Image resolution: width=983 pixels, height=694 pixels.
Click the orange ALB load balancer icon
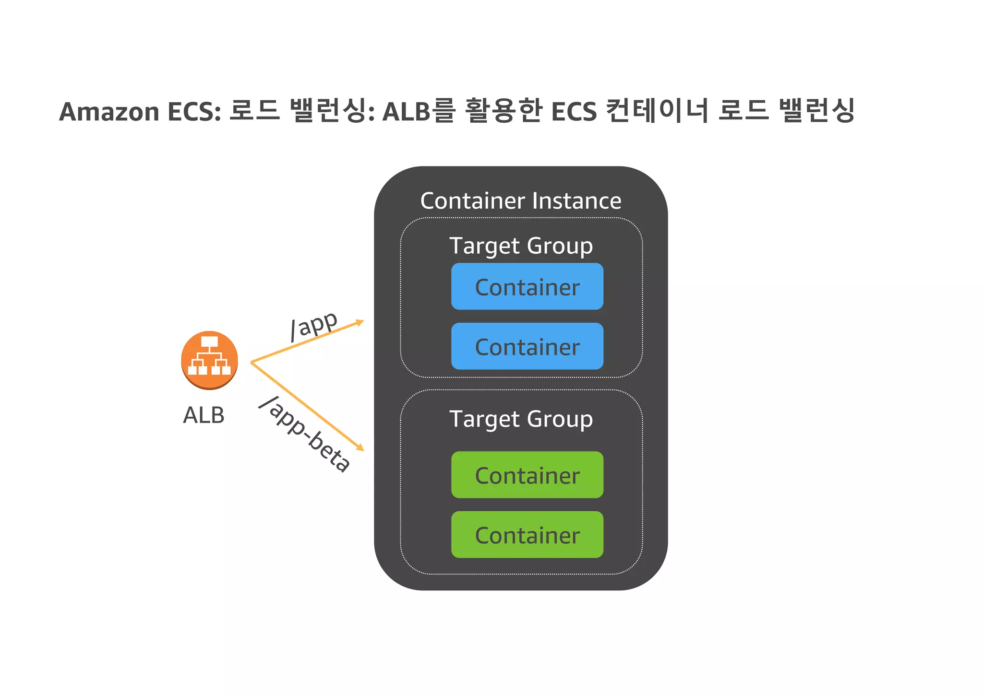tap(209, 360)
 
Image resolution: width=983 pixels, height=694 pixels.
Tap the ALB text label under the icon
tap(204, 415)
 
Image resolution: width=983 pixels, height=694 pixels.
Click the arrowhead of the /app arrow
tap(360, 322)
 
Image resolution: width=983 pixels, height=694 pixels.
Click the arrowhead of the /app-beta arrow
tap(360, 447)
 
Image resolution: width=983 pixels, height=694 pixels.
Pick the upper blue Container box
tap(527, 286)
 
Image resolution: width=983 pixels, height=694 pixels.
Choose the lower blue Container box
tap(527, 346)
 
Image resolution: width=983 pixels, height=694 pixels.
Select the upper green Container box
tap(527, 475)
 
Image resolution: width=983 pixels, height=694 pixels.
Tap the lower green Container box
tap(527, 535)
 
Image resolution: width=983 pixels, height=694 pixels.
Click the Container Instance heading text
tap(521, 201)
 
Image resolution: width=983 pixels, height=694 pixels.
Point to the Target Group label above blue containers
tap(521, 246)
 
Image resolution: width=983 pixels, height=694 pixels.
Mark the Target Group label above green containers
tap(521, 419)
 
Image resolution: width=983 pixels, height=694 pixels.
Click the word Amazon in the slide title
tap(109, 112)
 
